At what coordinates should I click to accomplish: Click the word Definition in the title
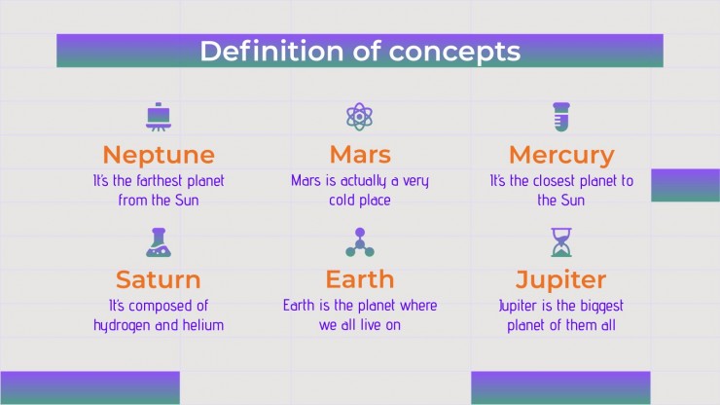coord(271,51)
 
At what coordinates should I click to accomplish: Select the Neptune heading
coord(159,156)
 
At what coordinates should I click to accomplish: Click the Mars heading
coord(360,155)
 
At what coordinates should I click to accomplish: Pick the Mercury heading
coord(561,156)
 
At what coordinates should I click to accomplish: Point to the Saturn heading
coord(159,279)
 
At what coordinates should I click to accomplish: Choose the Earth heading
coord(360,279)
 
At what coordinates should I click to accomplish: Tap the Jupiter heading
coord(560,280)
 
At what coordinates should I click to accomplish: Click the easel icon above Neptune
coord(159,117)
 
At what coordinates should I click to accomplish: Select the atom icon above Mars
coord(360,117)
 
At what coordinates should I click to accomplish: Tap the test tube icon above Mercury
coord(561,117)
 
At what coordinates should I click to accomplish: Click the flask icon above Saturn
coord(159,242)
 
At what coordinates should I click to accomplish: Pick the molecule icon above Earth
coord(360,242)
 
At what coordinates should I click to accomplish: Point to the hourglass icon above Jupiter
coord(561,242)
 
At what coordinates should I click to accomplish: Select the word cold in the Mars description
coord(342,200)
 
